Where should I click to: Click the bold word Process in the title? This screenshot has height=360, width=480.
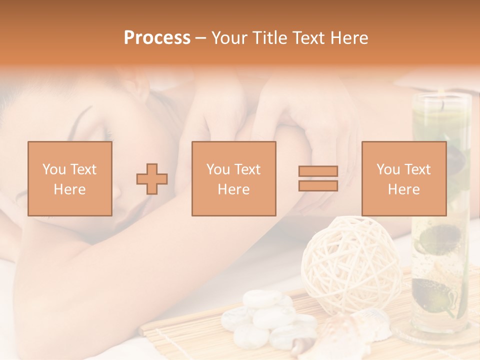pos(157,38)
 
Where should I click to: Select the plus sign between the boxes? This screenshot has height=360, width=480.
pos(152,179)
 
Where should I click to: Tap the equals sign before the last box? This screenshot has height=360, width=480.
pos(318,178)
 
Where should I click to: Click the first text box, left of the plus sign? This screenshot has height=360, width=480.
pos(69,178)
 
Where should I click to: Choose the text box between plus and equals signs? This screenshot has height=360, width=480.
pos(233,178)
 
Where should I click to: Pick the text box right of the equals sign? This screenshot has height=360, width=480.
pos(403,178)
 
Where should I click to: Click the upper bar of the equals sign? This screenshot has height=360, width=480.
pos(318,171)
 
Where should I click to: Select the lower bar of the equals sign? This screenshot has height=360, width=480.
pos(318,186)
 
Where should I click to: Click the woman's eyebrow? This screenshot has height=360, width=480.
pos(85,116)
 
